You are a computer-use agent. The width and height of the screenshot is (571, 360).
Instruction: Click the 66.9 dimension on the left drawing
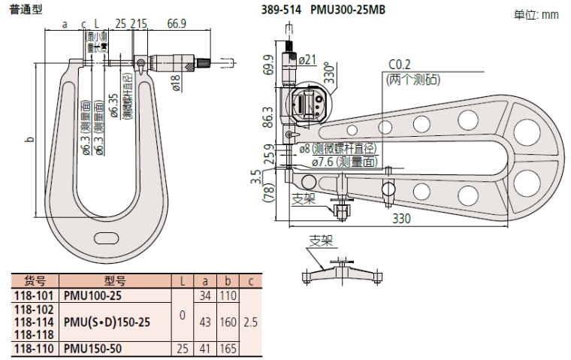tap(177, 25)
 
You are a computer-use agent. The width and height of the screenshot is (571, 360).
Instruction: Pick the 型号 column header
tap(114, 281)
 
